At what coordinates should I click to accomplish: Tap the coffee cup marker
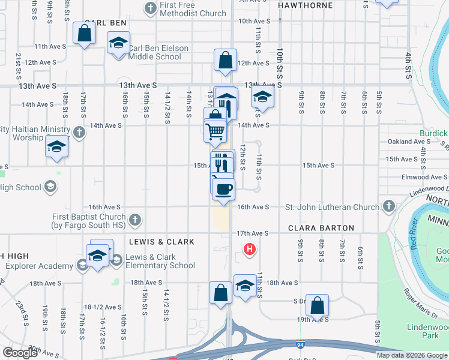[224, 190]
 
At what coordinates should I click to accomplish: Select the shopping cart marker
[215, 131]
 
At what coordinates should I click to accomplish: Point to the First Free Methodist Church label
[193, 8]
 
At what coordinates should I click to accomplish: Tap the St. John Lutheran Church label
[332, 207]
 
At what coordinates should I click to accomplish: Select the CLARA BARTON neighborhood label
[321, 228]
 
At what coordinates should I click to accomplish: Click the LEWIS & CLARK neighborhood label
[161, 242]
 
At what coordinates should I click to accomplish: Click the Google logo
[20, 353]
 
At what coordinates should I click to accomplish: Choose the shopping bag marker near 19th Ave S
[317, 306]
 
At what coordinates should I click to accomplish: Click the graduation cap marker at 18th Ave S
[244, 286]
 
